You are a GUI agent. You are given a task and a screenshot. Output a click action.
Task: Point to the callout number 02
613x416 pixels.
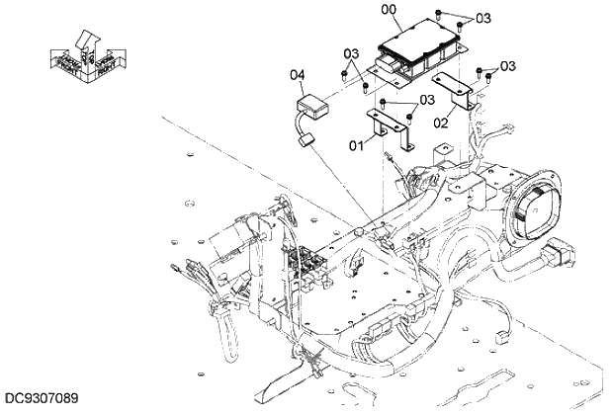tap(442, 124)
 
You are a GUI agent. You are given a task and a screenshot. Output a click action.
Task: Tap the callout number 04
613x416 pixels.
tap(298, 74)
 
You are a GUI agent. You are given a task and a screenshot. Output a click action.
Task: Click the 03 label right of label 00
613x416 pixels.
tap(482, 18)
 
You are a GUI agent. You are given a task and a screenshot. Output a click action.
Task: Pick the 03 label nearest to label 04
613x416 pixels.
tap(351, 52)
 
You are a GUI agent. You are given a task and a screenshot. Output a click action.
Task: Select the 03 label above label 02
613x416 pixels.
tap(507, 66)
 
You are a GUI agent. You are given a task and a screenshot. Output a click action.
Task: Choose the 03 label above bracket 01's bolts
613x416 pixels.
tap(427, 100)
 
